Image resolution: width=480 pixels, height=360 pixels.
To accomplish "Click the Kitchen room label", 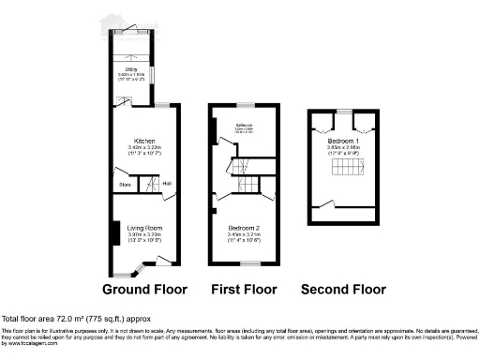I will click(143, 140).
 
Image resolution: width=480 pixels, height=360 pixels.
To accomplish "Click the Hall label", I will click(166, 183).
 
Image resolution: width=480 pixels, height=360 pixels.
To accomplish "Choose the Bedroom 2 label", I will click(244, 228).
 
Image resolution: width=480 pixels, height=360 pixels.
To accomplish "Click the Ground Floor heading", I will click(145, 289).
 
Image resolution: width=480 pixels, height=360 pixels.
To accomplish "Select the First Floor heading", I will click(244, 289).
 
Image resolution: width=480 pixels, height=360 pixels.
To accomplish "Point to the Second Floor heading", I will click(344, 289).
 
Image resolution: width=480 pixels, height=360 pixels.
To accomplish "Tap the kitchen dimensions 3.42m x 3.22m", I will click(143, 147).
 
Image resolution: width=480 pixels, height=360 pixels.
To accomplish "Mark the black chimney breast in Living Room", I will click(113, 232).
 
